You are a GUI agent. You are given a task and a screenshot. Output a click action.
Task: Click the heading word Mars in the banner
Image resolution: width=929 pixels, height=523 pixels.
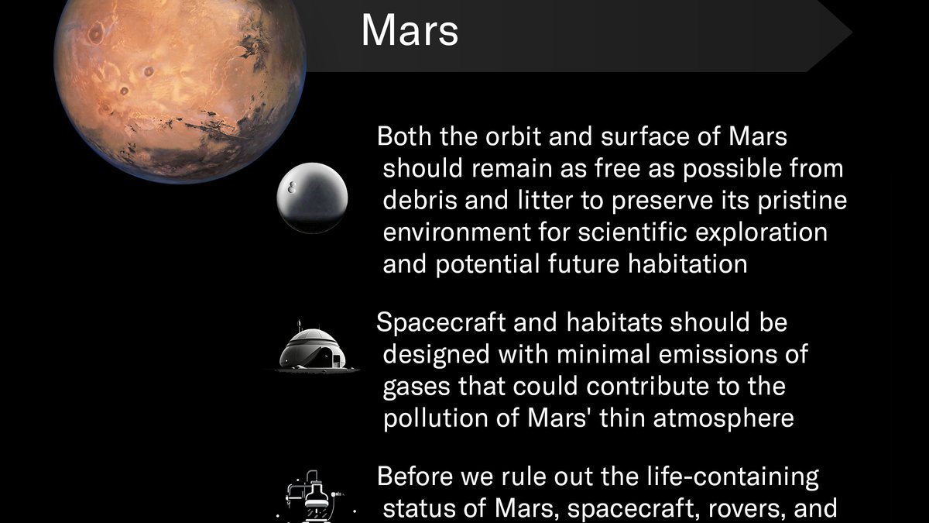click(x=410, y=31)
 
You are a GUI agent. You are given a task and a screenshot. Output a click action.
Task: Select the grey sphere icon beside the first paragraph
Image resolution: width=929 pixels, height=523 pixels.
click(x=312, y=198)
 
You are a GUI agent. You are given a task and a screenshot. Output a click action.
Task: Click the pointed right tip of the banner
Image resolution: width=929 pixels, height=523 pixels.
click(x=852, y=33)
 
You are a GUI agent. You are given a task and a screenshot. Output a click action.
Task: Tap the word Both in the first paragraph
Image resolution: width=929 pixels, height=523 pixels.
click(x=404, y=136)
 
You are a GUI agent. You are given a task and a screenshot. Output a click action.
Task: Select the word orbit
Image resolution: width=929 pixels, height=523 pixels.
click(x=513, y=136)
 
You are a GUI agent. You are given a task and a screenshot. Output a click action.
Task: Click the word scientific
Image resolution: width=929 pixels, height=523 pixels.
click(x=633, y=232)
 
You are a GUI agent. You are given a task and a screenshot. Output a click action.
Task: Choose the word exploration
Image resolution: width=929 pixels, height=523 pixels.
click(x=762, y=232)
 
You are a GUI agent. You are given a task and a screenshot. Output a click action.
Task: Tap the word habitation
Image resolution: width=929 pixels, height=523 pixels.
click(x=687, y=263)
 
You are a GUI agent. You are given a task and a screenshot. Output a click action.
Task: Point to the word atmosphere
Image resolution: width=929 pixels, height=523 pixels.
click(x=724, y=418)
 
